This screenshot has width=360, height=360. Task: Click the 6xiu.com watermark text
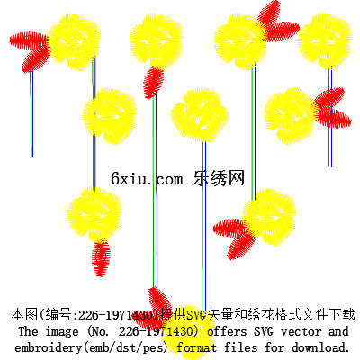147,179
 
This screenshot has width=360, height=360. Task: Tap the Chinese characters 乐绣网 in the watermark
219,178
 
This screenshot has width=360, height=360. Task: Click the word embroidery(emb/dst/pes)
91,348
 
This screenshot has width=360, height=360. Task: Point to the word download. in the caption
321,347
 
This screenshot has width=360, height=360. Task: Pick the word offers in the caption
227,331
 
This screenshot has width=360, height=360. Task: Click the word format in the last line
196,347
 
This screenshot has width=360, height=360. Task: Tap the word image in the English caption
62,332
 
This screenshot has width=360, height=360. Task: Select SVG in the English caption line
264,331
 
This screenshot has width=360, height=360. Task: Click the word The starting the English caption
28,331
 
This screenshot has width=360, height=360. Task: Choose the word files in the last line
241,347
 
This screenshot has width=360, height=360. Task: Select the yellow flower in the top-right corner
325,40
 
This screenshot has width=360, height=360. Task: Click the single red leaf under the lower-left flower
101,258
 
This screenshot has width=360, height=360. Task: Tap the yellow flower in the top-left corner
74,42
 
